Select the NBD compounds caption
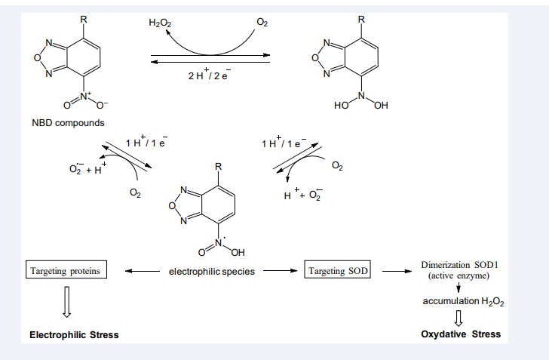[68, 122]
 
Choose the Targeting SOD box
[338, 270]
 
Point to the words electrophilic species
[211, 271]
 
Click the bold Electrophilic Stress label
[74, 334]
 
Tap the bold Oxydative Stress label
[461, 334]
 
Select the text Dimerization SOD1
[460, 266]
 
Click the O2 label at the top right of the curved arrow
[262, 23]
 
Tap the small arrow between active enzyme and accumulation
[458, 288]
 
